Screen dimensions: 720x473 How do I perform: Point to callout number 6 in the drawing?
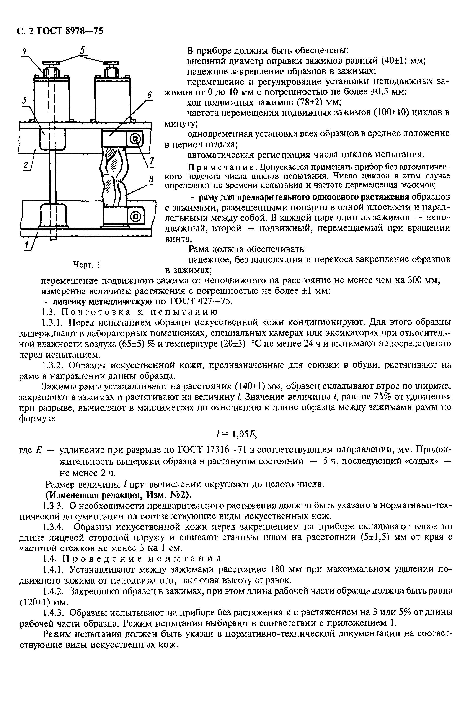pyautogui.click(x=149, y=95)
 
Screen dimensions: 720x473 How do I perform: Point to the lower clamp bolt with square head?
pyautogui.click(x=135, y=216)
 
